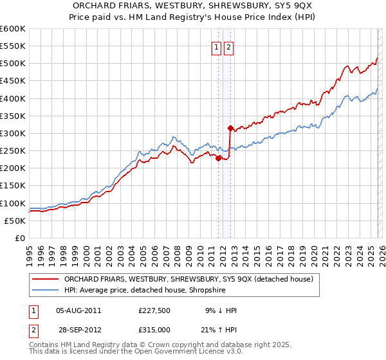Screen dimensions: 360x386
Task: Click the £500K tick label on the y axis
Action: (x=13, y=64)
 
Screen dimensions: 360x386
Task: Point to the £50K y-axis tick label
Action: (x=15, y=221)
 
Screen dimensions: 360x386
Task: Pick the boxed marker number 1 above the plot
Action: (x=216, y=46)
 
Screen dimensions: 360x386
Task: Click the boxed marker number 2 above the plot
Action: (x=229, y=46)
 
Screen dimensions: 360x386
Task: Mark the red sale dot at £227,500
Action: (x=218, y=158)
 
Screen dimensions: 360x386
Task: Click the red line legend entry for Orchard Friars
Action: (x=188, y=279)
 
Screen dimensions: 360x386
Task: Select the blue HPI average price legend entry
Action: (x=153, y=291)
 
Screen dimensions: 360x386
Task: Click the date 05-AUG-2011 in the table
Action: (x=78, y=310)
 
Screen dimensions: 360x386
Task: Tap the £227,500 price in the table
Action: (x=154, y=310)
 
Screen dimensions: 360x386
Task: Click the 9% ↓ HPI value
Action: (x=220, y=310)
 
